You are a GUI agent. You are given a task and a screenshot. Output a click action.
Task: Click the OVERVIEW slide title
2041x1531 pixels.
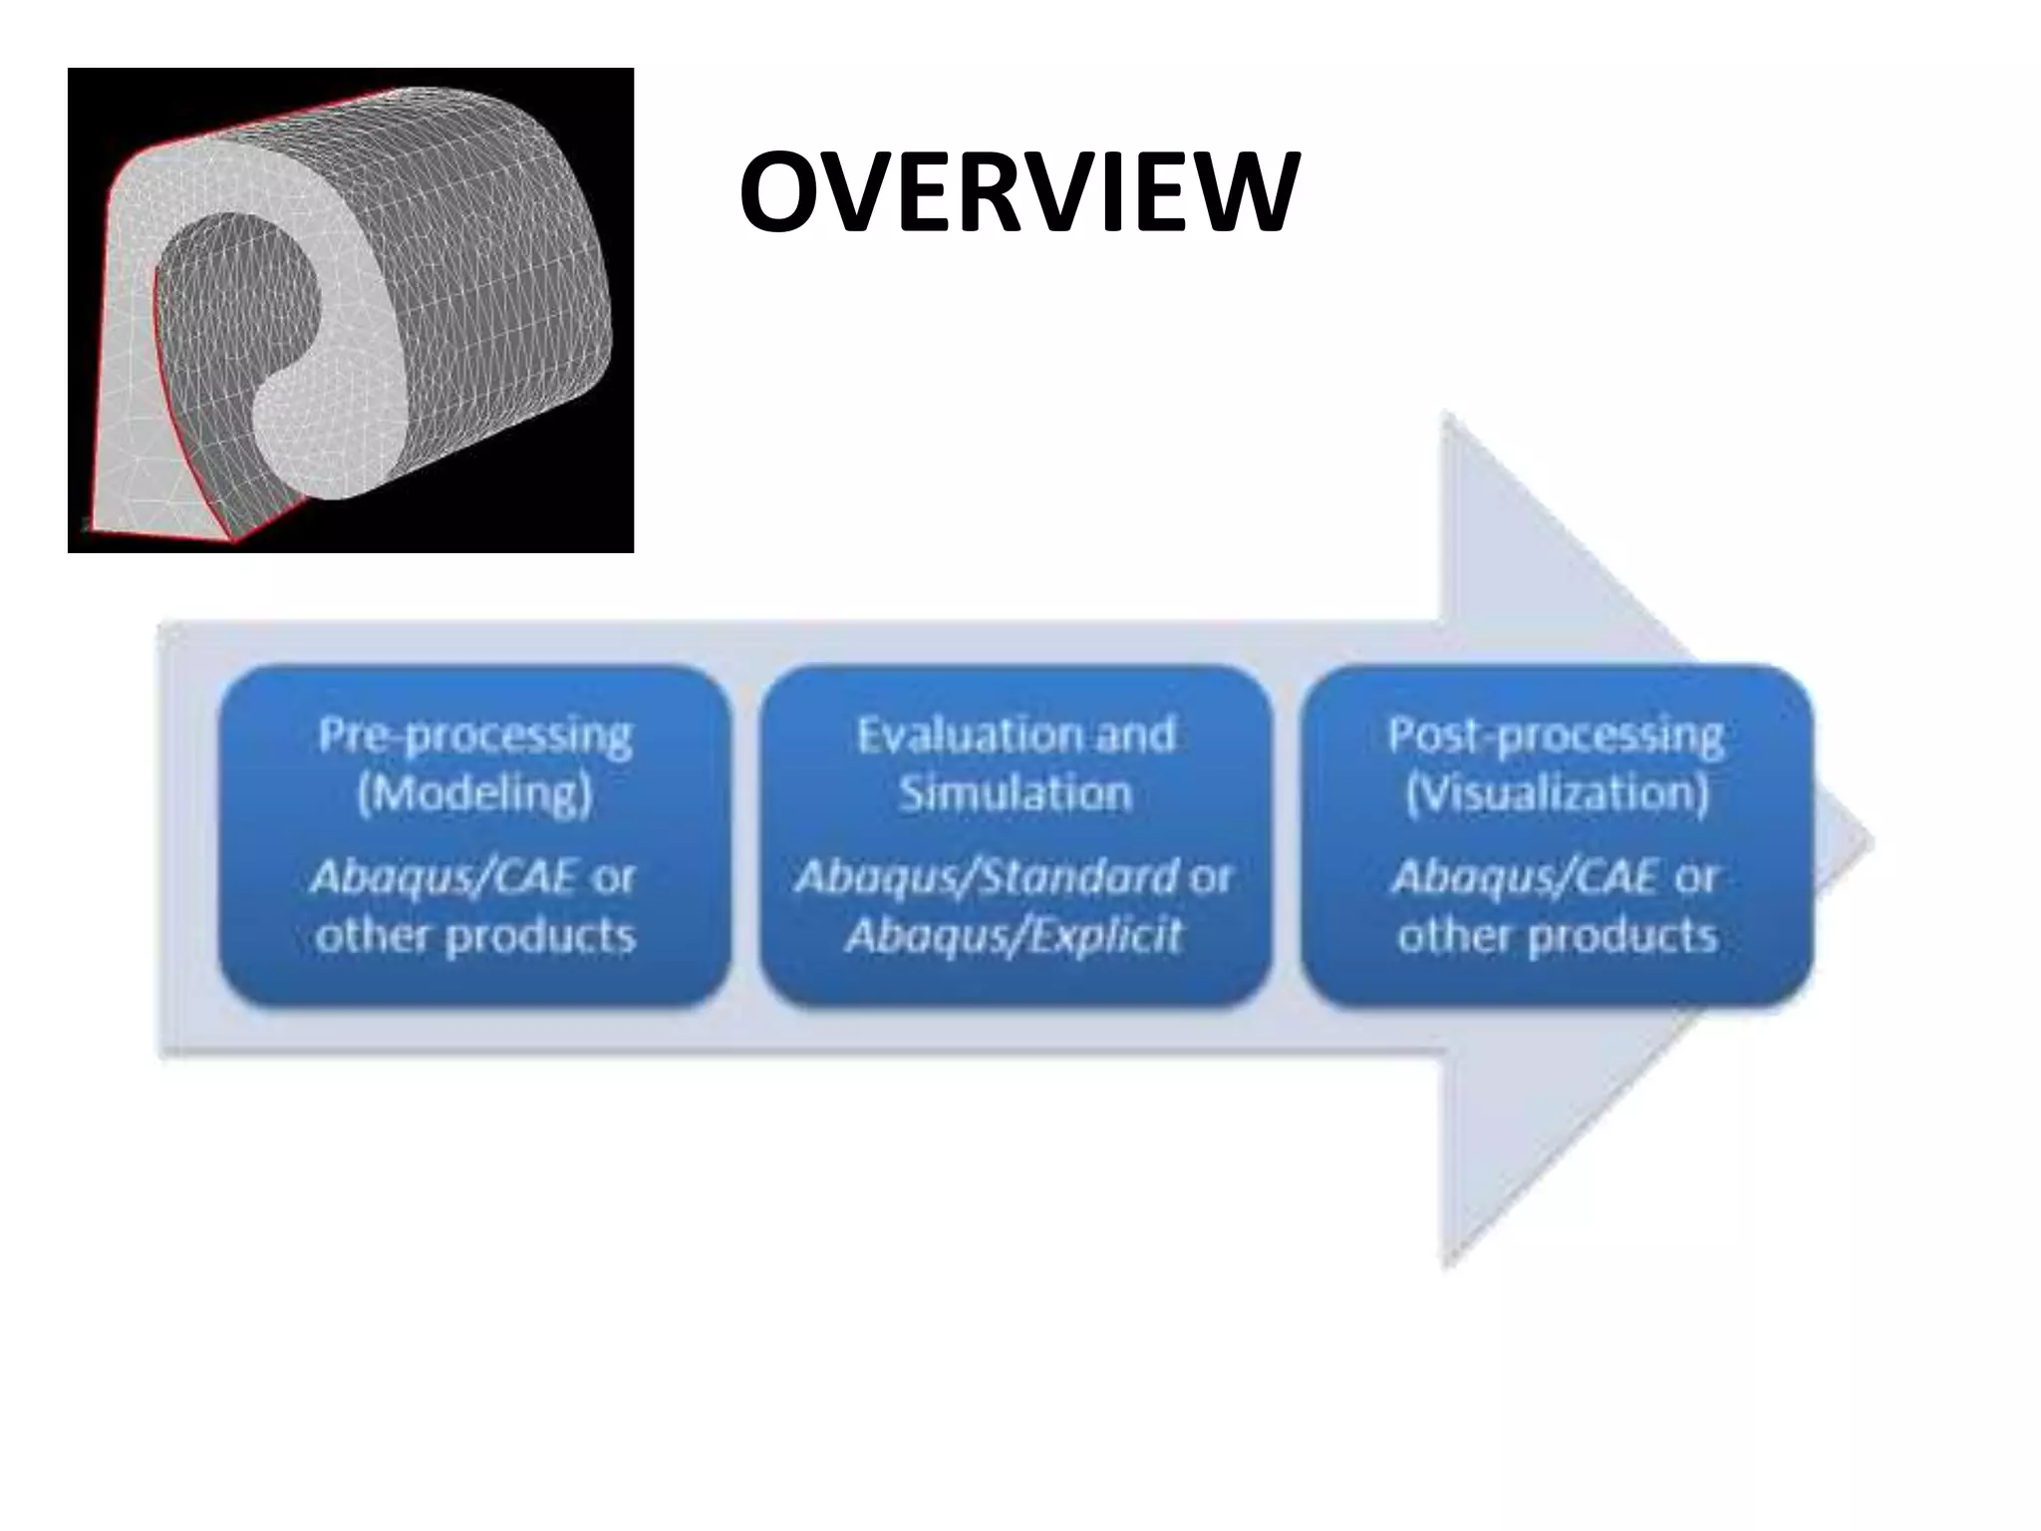click(1019, 191)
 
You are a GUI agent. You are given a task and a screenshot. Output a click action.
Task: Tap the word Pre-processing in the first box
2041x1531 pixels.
click(474, 738)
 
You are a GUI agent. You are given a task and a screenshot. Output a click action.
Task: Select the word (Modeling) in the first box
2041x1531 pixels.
click(474, 794)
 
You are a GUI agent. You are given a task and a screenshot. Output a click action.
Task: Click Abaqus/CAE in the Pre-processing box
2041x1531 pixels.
click(444, 878)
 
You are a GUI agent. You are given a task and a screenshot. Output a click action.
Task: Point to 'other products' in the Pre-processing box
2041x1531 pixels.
click(474, 936)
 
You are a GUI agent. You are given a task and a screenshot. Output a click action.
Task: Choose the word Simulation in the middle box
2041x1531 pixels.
click(1015, 794)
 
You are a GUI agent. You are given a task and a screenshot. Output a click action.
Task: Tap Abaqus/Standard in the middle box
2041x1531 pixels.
click(986, 878)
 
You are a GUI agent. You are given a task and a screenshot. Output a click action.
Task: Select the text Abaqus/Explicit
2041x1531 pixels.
click(1015, 936)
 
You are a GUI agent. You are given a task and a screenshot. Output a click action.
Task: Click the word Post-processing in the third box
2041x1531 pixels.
click(1556, 738)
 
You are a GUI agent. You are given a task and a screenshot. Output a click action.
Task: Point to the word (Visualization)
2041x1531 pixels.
click(1556, 794)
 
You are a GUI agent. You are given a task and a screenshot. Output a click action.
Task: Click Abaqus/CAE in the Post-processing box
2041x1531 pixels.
click(1525, 878)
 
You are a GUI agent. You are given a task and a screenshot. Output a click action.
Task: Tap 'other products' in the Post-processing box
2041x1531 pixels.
click(1556, 936)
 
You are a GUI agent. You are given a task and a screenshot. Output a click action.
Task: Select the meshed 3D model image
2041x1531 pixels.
click(351, 310)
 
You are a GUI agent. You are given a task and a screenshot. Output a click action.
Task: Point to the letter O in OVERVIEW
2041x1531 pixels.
click(782, 191)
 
